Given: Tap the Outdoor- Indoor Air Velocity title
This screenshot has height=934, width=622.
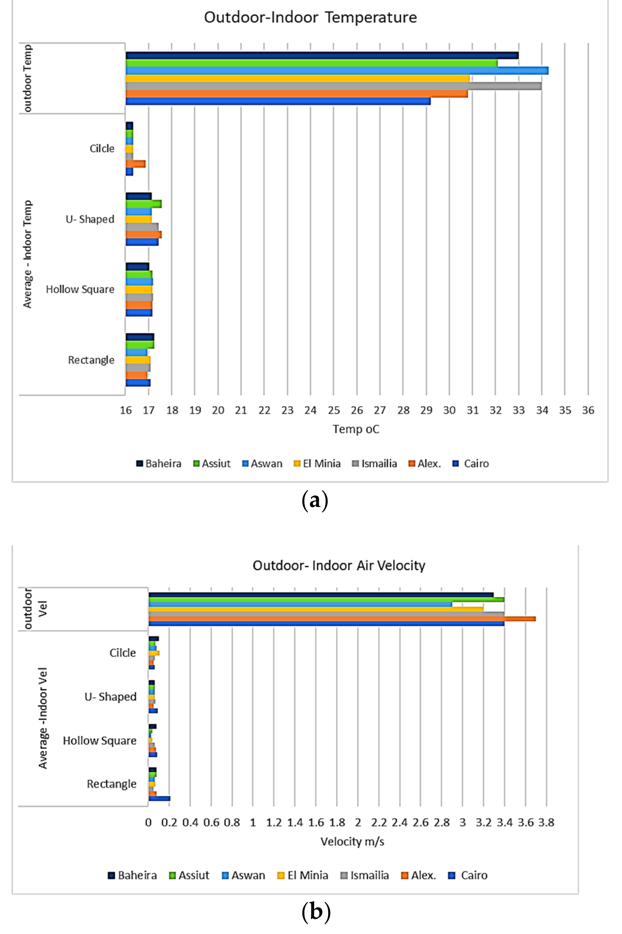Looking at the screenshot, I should (339, 565).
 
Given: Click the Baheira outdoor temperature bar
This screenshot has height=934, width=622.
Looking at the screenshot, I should (321, 56).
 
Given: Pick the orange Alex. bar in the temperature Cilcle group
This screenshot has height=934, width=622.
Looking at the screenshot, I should (136, 164).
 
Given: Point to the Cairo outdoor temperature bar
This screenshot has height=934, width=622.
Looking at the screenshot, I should (278, 102).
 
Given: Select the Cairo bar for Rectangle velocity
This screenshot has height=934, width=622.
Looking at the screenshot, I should (159, 798).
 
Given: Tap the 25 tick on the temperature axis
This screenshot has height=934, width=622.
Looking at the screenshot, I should (334, 410).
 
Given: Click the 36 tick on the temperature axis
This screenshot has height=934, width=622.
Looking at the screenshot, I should (588, 410).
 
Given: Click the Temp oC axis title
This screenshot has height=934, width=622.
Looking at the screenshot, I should (356, 429).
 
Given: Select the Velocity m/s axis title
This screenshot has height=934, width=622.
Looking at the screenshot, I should (352, 841).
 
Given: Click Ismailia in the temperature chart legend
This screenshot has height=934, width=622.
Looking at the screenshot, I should (378, 464).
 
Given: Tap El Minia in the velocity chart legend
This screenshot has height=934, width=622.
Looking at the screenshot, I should (308, 875).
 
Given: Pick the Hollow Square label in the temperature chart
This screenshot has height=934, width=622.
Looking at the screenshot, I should (80, 289).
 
